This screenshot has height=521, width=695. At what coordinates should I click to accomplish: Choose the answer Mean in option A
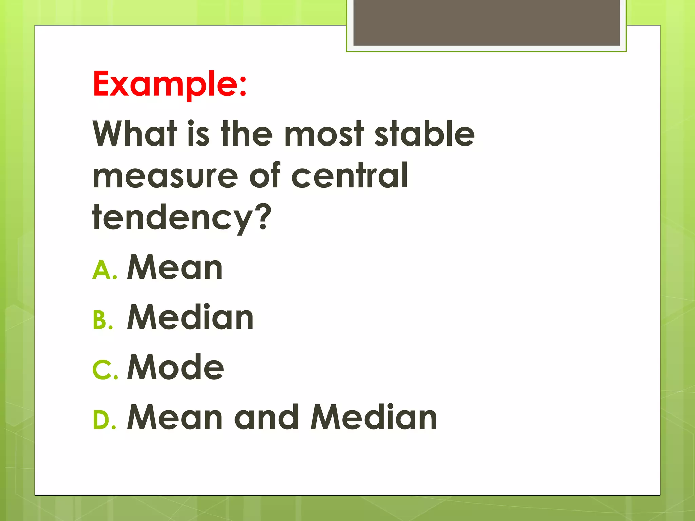[174, 268]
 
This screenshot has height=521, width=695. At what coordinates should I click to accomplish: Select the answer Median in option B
[190, 317]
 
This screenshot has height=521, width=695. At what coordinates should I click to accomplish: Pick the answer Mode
[175, 367]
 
